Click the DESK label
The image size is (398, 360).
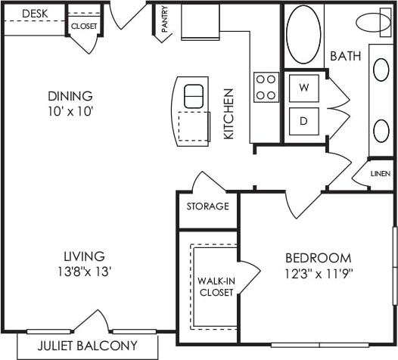pos(31,14)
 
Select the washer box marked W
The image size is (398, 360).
pos(304,88)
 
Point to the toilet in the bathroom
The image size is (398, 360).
pos(376,23)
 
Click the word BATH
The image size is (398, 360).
pos(345,56)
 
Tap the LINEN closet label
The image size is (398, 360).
pos(381,174)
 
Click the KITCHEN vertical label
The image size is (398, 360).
pos(229,113)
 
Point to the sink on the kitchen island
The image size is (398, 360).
pos(194,96)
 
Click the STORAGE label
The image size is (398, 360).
pos(207,206)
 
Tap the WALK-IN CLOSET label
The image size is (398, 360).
pos(215,287)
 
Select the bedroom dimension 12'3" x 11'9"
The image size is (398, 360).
pos(318,271)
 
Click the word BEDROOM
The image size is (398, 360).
pos(318,257)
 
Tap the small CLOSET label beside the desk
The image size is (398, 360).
pos(83,26)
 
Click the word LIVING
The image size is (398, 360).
pos(83,256)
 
